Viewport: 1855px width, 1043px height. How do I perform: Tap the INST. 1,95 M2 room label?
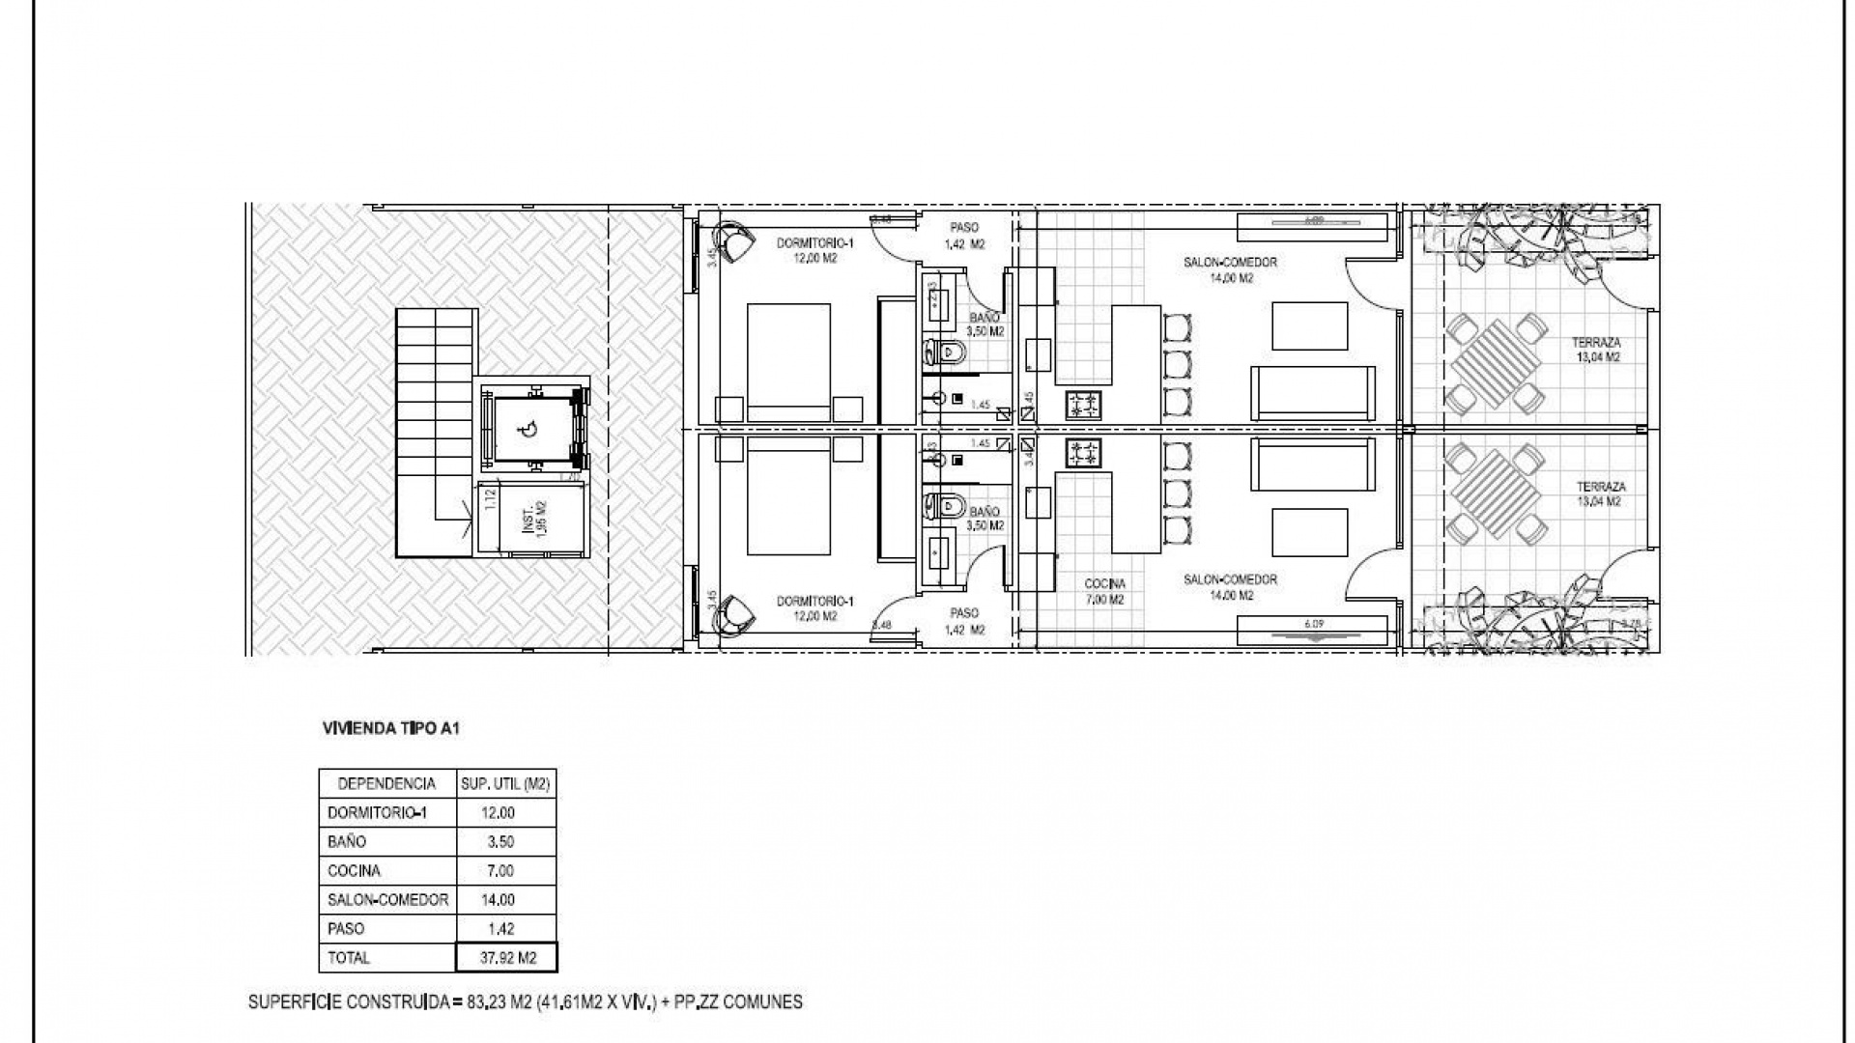tap(533, 522)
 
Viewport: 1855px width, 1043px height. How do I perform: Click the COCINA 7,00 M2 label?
tap(1104, 591)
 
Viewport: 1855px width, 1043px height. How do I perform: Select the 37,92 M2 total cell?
tap(506, 957)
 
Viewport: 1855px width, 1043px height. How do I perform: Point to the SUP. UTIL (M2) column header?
tap(506, 784)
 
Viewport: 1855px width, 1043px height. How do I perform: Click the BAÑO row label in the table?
tap(348, 841)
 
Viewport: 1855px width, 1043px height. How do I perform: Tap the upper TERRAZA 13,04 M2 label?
tap(1596, 350)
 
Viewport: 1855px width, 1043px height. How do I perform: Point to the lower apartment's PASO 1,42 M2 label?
tap(964, 621)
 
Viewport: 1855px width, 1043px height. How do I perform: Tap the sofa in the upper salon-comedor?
tap(1312, 392)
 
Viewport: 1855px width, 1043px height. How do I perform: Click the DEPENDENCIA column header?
tap(386, 784)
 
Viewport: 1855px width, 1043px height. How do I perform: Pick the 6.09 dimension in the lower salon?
tap(1314, 624)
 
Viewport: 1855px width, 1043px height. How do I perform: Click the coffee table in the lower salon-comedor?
tap(1309, 531)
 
